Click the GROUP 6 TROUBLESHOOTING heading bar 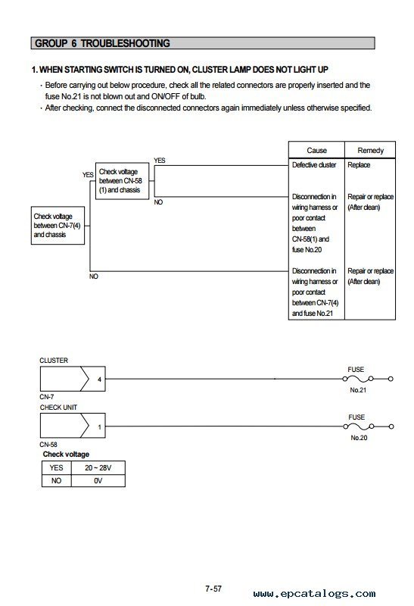(203, 43)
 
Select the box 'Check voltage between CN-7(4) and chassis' (58, 225)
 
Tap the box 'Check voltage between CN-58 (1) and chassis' (122, 181)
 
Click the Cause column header (316, 150)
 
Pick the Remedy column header (370, 150)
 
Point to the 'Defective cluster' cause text (314, 165)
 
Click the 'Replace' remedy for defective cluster (359, 165)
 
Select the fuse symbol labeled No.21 (358, 379)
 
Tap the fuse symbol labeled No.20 (359, 426)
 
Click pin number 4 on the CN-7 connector (99, 380)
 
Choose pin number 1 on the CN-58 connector (99, 427)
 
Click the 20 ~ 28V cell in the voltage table (98, 467)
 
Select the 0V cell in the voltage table (98, 481)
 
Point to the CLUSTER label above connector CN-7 (54, 361)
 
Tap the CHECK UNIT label (58, 408)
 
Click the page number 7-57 (213, 589)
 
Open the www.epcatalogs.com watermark (314, 594)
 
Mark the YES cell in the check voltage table (56, 467)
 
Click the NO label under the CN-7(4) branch (94, 276)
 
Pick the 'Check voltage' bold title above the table (66, 454)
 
